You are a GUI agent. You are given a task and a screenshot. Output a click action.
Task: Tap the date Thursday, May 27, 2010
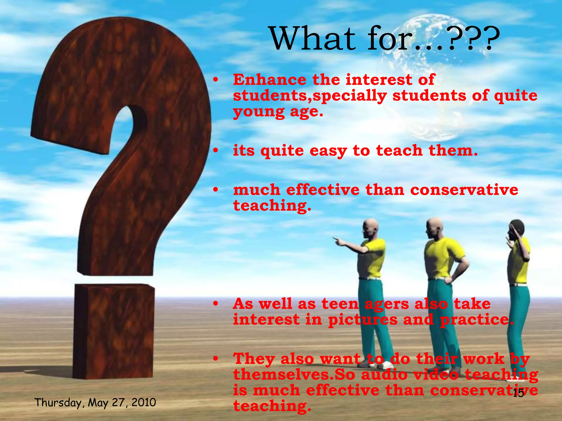point(95,403)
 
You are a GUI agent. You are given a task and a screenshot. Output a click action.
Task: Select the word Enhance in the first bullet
point(269,80)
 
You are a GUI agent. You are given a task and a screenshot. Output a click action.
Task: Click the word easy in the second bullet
point(328,151)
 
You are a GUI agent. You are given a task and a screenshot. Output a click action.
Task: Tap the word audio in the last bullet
point(384,375)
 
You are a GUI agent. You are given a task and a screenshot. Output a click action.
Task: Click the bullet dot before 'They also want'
point(216,359)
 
